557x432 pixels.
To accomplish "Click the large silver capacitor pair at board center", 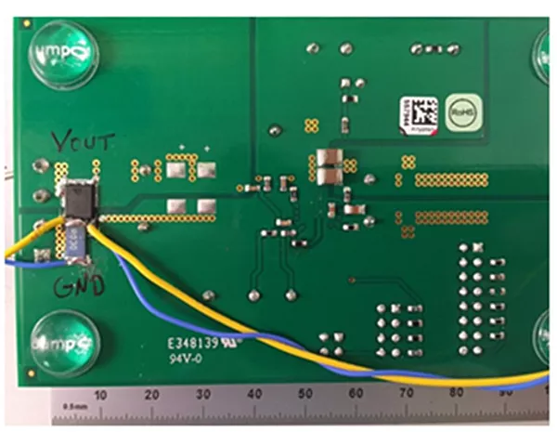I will (328, 164).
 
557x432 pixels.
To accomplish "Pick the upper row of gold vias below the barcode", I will (451, 178).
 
